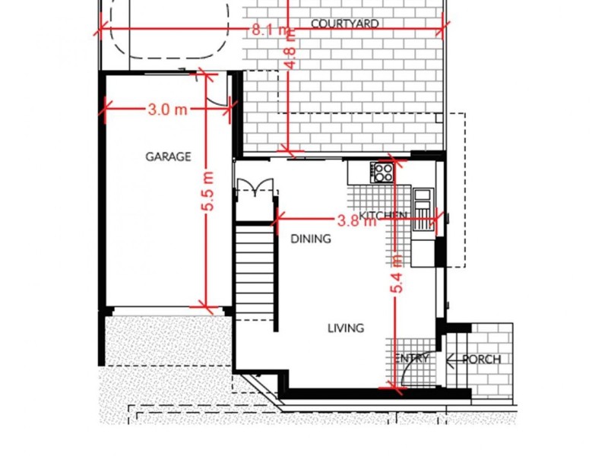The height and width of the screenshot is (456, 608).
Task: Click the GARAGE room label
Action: click(x=168, y=157)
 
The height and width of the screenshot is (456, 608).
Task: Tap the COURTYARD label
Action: click(x=344, y=24)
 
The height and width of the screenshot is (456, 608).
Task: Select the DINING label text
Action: click(x=311, y=239)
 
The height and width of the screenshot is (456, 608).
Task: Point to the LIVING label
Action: click(x=346, y=328)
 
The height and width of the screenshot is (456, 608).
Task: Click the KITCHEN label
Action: click(x=382, y=216)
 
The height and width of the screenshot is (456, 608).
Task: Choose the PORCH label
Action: click(x=482, y=359)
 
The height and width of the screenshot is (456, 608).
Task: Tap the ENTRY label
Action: click(x=412, y=358)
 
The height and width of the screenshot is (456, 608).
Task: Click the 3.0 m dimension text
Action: click(x=167, y=109)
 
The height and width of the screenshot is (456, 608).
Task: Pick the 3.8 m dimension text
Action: click(x=356, y=221)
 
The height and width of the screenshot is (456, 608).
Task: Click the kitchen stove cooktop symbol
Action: click(x=382, y=173)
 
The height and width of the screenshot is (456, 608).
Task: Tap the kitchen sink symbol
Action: click(x=422, y=204)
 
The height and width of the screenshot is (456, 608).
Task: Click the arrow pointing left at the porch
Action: click(x=454, y=359)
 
